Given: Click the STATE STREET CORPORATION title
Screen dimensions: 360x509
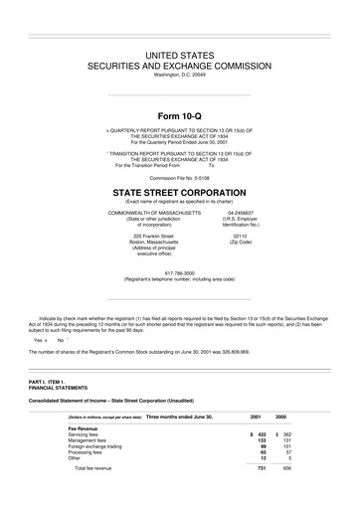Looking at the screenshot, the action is tap(179, 192).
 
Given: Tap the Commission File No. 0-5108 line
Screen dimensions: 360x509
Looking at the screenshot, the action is tap(179, 178).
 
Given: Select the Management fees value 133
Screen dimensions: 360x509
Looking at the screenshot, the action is tap(261, 440).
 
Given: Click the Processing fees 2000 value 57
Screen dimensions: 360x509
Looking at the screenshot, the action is tap(287, 452).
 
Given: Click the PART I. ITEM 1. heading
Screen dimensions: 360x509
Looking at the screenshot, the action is tap(47, 382).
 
